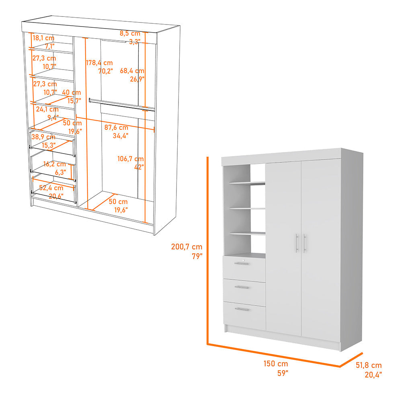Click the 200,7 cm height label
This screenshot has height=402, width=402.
[x=187, y=247]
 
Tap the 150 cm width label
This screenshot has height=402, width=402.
[x=275, y=364]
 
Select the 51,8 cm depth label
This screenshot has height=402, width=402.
[x=369, y=365]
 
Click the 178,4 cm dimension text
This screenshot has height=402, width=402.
[x=99, y=63]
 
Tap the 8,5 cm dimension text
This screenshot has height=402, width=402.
[x=130, y=33]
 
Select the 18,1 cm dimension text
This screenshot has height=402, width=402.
[x=43, y=38]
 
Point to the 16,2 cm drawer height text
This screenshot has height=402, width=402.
[x=54, y=164]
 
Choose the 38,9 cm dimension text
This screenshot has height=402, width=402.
[x=44, y=137]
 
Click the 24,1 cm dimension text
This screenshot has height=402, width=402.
[x=47, y=109]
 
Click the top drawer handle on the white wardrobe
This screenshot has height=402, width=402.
[x=242, y=264]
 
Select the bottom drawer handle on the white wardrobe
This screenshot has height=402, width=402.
[x=242, y=309]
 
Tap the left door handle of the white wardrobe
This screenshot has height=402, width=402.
[x=297, y=243]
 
